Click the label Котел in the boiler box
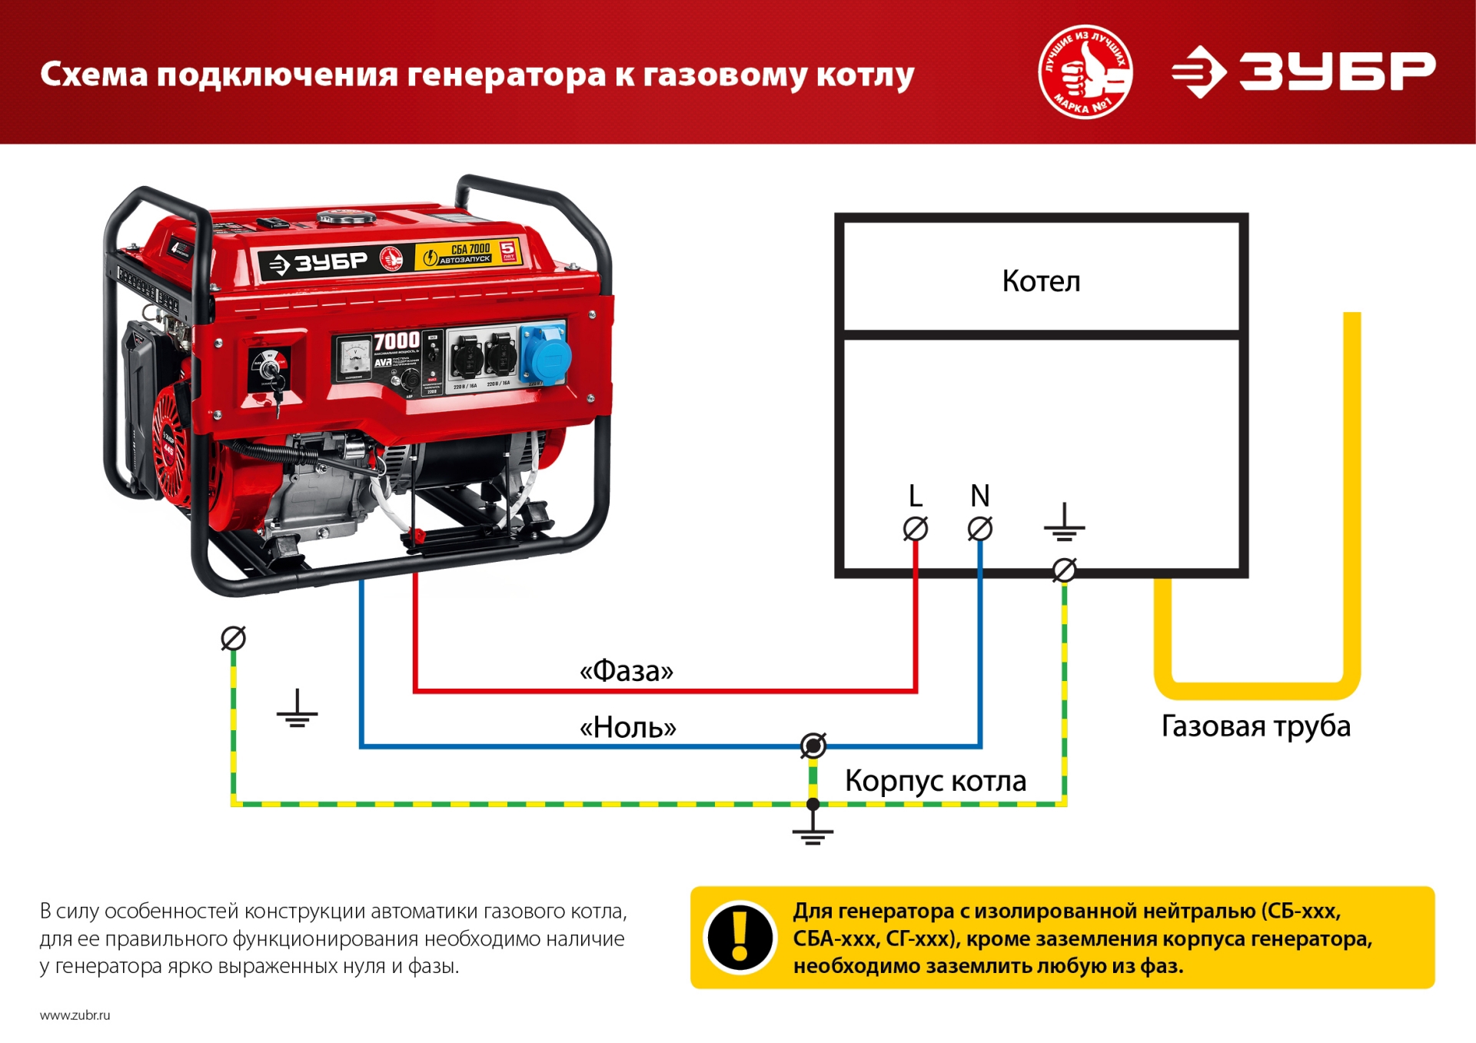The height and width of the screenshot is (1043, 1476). (x=1041, y=281)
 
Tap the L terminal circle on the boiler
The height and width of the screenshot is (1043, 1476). (x=915, y=529)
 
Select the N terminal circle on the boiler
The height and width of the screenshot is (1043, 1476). (x=979, y=529)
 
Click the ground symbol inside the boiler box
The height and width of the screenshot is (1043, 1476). (x=1064, y=523)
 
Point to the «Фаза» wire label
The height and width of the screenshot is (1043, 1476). (x=626, y=671)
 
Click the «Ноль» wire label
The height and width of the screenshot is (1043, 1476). (x=627, y=727)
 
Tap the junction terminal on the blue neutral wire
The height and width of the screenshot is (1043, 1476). (x=813, y=746)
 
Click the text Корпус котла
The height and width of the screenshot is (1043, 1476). (x=936, y=781)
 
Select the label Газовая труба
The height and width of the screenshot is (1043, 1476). (x=1255, y=726)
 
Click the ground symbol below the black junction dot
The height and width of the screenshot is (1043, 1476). (x=813, y=833)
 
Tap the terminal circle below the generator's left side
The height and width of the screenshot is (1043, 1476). (x=233, y=638)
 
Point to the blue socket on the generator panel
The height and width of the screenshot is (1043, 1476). (x=547, y=356)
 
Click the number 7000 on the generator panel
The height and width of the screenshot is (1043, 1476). (x=397, y=340)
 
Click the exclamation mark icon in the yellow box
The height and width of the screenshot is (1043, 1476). (x=740, y=937)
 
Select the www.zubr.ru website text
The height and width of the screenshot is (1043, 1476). (x=75, y=1015)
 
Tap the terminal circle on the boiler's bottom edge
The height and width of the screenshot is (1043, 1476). (x=1064, y=570)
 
